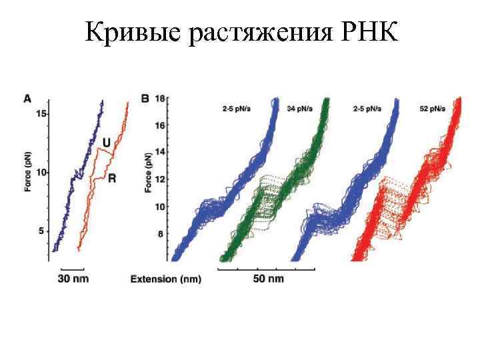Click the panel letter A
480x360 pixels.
pos(27,99)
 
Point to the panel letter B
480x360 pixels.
pos(146,99)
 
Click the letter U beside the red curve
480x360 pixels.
pos(106,142)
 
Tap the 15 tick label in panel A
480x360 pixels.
pos(41,115)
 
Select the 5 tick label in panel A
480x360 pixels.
pos(43,231)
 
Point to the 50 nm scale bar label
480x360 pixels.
pos(267,278)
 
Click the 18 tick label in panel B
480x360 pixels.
pos(160,99)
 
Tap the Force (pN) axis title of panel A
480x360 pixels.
pos(28,173)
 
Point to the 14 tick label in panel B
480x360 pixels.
pos(160,153)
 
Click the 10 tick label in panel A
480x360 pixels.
pos(41,173)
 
